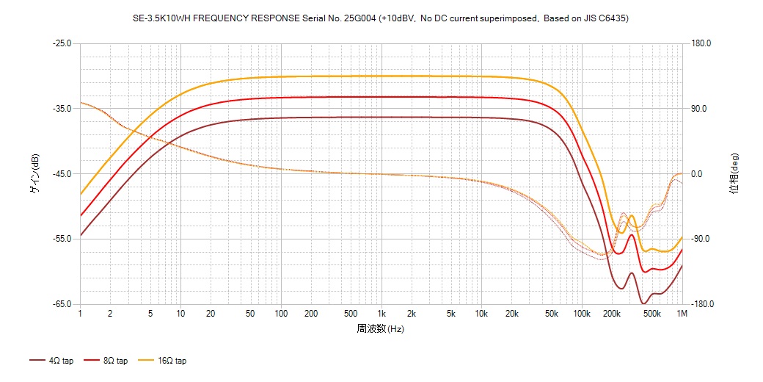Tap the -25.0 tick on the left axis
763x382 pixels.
(62, 43)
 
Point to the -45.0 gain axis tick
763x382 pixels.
(62, 174)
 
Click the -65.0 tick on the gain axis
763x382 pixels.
(62, 304)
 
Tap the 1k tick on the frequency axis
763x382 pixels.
(381, 314)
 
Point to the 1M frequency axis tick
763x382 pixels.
(682, 314)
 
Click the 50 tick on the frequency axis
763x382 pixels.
(251, 314)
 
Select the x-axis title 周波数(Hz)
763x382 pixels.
(381, 328)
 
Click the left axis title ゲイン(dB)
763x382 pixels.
(34, 173)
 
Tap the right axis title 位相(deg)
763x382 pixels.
(734, 173)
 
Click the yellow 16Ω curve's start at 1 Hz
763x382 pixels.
(81, 195)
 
